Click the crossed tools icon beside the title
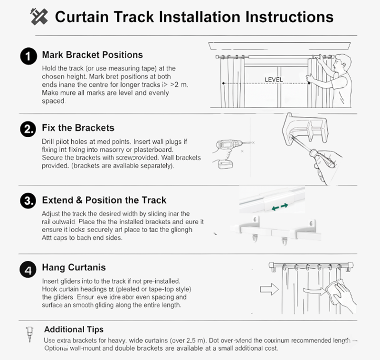[39, 17]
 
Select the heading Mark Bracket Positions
[92, 55]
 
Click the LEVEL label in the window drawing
[274, 79]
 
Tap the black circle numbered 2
[28, 129]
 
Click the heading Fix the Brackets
[78, 128]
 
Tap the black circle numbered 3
[28, 200]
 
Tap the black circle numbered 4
[28, 270]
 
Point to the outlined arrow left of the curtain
[269, 288]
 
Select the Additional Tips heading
[74, 329]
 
